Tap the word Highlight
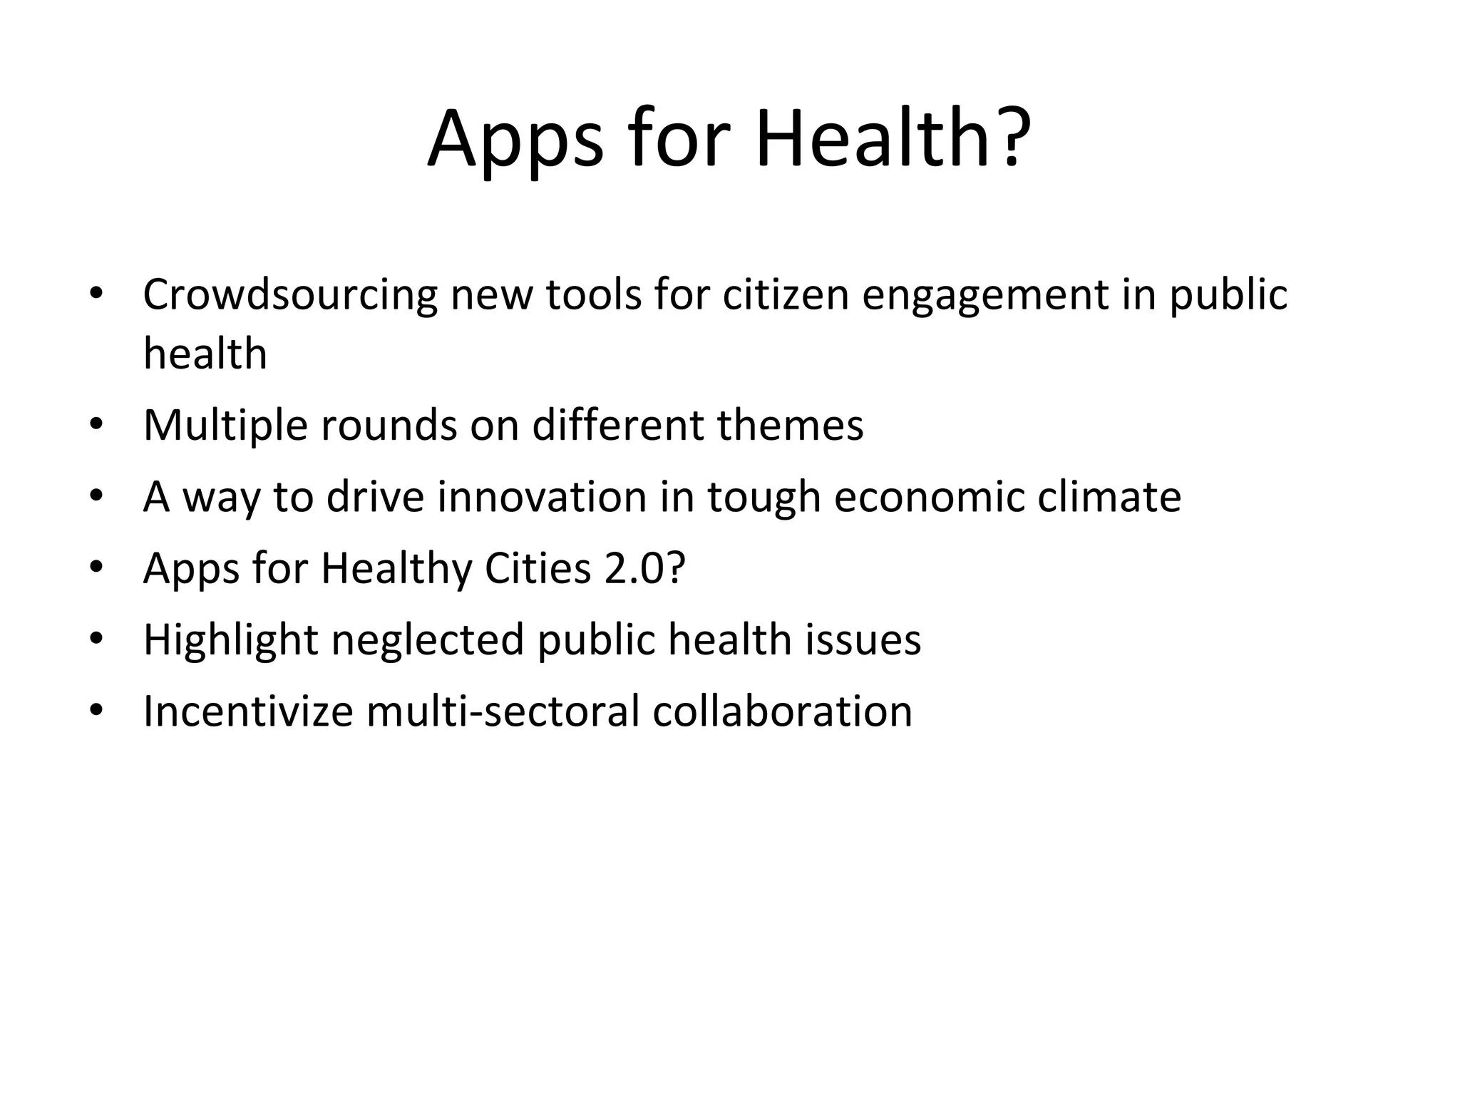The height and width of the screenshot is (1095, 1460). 230,640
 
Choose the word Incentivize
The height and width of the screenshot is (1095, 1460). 247,711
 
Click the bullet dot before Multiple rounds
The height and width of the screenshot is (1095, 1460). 96,426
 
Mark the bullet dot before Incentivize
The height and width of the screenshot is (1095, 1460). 96,711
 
